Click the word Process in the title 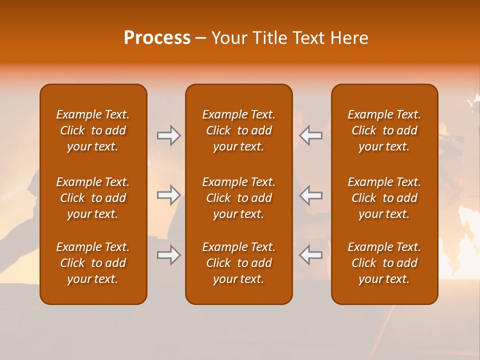(157, 38)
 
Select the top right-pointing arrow (168, 135)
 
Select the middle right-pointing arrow (168, 195)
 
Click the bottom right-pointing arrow (168, 255)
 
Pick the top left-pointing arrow (311, 135)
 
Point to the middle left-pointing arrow (311, 195)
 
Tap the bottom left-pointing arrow (311, 255)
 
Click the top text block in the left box (93, 130)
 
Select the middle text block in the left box (93, 198)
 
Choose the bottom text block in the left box (93, 263)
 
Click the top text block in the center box (238, 130)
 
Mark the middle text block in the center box (238, 198)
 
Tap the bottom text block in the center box (238, 263)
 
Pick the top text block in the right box (384, 130)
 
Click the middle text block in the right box (384, 198)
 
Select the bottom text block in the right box (384, 263)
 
